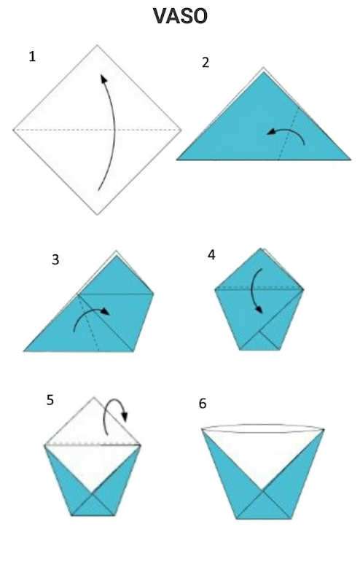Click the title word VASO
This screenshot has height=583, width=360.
click(180, 16)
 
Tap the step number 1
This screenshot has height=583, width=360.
click(32, 57)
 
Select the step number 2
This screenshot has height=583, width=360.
click(206, 63)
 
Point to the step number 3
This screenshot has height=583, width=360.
click(55, 259)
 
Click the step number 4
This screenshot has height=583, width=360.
click(211, 254)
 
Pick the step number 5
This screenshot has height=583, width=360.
click(50, 400)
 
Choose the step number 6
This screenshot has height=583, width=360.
click(203, 404)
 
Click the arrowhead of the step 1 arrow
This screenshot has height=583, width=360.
click(103, 78)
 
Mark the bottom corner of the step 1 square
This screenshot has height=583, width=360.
click(98, 214)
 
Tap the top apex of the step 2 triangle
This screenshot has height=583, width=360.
click(264, 68)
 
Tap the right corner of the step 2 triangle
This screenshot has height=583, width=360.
click(351, 160)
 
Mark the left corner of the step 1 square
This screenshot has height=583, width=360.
click(13, 130)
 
